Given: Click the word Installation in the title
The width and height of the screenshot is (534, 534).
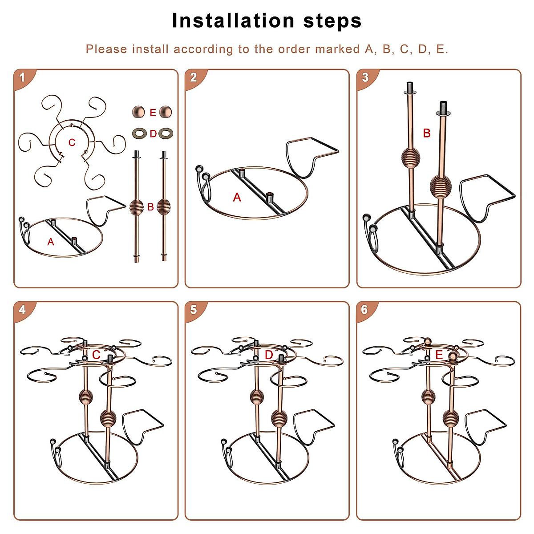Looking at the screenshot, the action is (233, 21).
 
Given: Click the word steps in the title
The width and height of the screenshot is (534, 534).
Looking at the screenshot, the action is (332, 22).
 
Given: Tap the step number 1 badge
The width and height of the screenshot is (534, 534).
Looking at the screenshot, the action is (23, 78).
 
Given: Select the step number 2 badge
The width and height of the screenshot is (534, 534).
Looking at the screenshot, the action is (194, 78).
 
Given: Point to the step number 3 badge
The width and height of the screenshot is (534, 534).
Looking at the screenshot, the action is (366, 78).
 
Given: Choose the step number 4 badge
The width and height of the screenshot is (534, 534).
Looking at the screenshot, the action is (23, 311).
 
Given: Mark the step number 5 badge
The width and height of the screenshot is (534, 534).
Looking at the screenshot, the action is (194, 311).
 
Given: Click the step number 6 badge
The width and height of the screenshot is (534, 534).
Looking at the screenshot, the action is (365, 311).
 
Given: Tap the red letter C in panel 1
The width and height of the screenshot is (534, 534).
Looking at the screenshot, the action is (72, 142).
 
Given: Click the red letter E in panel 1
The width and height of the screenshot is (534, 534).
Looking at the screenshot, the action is (153, 113).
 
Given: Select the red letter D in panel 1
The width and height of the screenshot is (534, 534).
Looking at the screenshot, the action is (153, 134).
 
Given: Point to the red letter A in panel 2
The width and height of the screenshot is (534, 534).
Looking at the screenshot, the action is (237, 197).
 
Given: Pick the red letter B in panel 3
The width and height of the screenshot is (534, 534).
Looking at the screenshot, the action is (427, 133).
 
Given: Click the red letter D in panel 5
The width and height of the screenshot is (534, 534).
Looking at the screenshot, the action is (269, 355).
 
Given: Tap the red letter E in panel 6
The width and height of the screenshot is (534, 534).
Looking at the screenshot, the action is (439, 355).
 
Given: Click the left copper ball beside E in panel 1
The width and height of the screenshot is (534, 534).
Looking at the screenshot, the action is (138, 112).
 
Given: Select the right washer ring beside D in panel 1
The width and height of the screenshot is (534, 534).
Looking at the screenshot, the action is (166, 133).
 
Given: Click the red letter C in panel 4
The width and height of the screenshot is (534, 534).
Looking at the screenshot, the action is (96, 355).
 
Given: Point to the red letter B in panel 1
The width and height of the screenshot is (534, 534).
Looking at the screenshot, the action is (151, 207).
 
